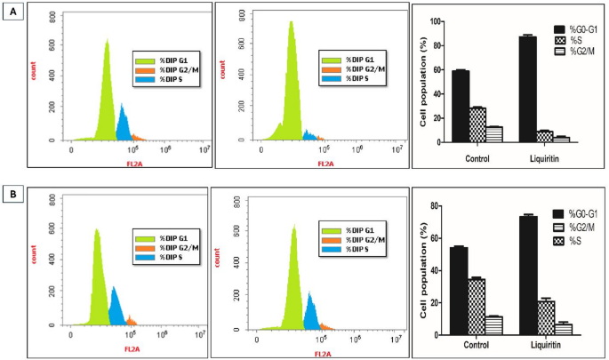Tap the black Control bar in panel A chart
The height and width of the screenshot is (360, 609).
pos(461,106)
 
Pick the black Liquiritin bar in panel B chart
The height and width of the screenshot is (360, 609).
pos(527,276)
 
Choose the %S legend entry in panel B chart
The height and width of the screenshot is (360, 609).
pos(575,241)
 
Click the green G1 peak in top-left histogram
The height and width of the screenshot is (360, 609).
pos(106,89)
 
